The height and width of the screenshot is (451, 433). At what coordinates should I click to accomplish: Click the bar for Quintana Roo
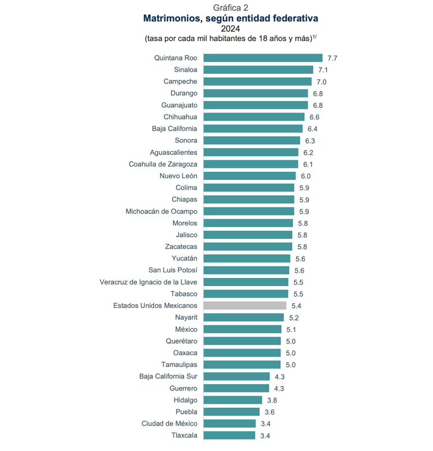(x=263, y=58)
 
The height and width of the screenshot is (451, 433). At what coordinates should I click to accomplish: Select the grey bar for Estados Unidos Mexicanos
(x=245, y=306)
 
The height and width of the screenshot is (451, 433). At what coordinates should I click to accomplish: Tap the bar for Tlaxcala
(x=230, y=435)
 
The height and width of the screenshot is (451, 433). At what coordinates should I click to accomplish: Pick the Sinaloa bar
(x=258, y=70)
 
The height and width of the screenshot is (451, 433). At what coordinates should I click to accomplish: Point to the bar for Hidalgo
(x=233, y=400)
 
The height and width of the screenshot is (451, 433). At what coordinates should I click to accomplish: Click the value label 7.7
(x=332, y=58)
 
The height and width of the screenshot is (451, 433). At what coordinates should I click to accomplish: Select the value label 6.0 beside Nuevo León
(x=305, y=176)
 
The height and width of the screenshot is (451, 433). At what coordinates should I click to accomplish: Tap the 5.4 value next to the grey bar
(x=296, y=306)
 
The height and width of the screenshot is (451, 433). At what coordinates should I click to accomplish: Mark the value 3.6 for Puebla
(x=270, y=412)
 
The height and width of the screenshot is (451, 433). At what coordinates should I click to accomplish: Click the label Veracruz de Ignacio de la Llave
(x=148, y=282)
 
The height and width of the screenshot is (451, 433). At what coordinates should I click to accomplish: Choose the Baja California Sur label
(x=168, y=377)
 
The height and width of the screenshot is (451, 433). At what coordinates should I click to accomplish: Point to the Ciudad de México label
(x=169, y=423)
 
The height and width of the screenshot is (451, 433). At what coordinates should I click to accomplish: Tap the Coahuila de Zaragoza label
(x=163, y=164)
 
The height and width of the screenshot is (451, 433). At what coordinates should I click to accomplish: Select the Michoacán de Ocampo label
(x=162, y=211)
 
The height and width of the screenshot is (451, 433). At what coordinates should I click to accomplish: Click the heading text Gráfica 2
(x=231, y=7)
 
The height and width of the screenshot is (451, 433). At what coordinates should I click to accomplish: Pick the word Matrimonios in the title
(x=171, y=18)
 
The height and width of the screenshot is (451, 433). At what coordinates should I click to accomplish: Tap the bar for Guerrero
(x=237, y=388)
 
